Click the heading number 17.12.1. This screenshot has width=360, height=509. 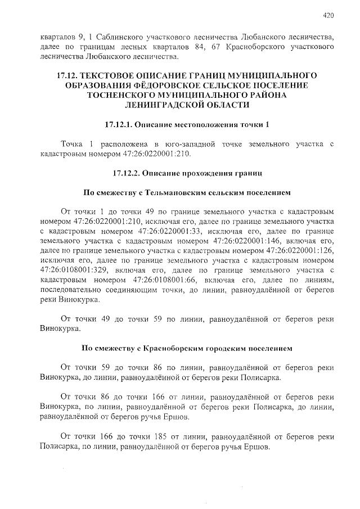(x=122, y=124)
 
